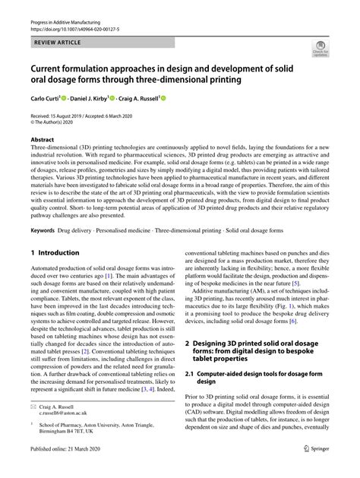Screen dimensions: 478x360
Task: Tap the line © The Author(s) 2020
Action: click(x=55, y=122)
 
